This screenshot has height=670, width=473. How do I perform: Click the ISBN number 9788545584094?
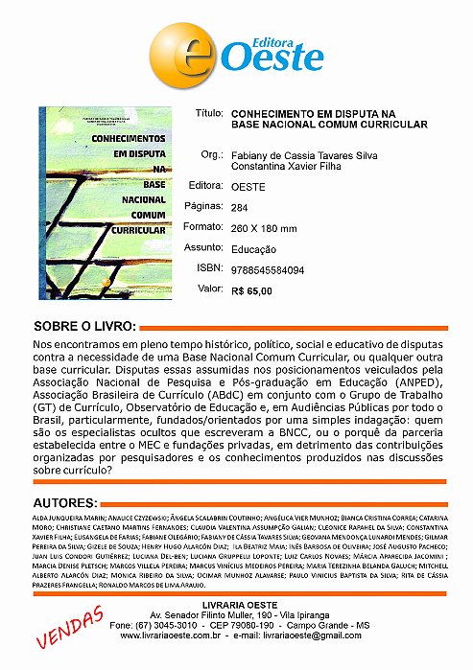coord(276,269)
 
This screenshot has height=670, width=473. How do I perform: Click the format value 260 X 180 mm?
coord(265,227)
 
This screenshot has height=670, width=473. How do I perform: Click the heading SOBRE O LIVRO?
coord(84,325)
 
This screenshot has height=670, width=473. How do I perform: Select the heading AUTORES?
coord(63,502)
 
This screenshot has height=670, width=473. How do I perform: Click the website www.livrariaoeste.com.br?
coord(179,635)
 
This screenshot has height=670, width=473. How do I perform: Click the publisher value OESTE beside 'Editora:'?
coord(248,185)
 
